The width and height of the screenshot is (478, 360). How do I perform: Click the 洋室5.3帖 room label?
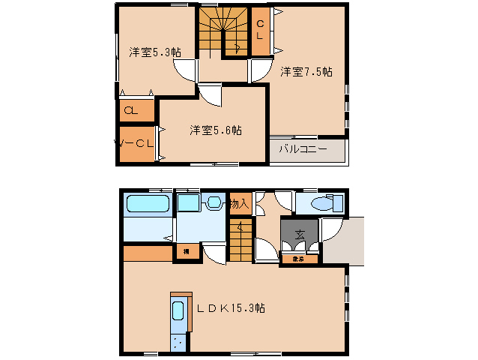(x=154, y=52)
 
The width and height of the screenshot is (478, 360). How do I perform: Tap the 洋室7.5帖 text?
(x=306, y=72)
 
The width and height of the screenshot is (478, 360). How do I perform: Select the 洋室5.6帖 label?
(x=215, y=130)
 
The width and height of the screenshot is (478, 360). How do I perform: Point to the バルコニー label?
(x=303, y=149)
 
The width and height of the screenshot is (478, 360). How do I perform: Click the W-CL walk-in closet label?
(x=135, y=142)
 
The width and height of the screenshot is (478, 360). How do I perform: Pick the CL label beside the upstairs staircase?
(x=260, y=30)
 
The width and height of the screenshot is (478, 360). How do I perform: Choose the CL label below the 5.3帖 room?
(x=130, y=110)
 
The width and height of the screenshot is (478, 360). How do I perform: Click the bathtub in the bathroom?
(x=147, y=205)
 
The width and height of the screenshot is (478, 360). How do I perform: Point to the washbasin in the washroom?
(x=213, y=202)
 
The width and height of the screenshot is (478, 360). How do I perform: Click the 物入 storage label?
(x=239, y=203)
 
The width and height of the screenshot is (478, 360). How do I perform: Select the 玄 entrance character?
(x=299, y=233)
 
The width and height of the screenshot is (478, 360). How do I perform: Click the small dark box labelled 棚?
(x=186, y=252)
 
